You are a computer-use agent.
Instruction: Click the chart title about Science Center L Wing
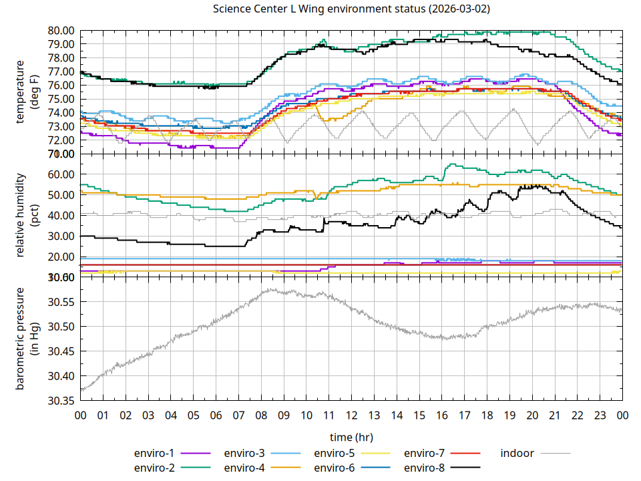[x=351, y=9]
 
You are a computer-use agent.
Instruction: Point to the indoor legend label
[x=517, y=453]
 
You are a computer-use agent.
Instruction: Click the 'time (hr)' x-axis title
[x=351, y=437]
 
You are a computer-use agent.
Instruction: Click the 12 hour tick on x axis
[x=351, y=416]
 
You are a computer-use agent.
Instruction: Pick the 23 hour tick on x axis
[x=600, y=416]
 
